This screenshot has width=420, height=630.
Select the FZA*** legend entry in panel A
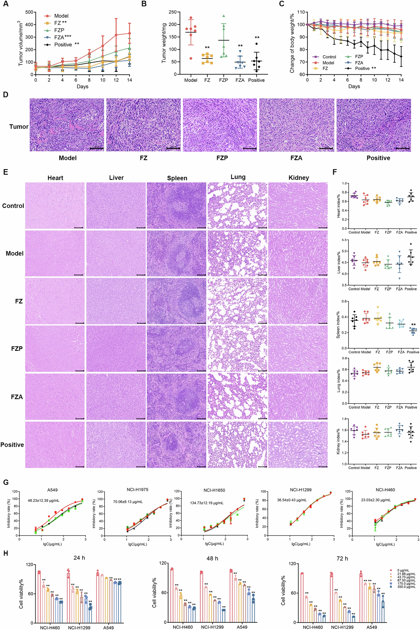62,37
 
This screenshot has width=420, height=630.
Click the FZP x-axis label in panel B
223,80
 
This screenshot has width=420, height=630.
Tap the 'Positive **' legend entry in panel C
365,68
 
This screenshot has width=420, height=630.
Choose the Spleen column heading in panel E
177,178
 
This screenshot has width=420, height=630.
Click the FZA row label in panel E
17,397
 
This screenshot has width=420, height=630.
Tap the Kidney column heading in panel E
299,178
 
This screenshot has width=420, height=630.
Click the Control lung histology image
237,206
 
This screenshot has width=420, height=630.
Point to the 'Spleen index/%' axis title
338,325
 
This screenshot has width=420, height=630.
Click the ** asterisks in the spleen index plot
413,325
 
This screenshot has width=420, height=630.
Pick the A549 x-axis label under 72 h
371,627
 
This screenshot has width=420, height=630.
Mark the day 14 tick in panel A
129,80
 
